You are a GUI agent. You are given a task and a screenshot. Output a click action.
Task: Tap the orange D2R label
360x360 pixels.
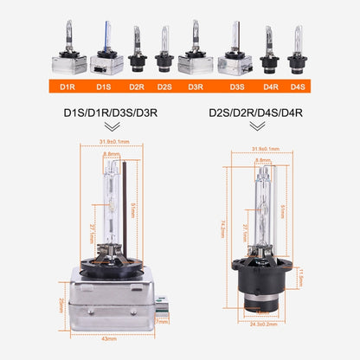coord(137,86)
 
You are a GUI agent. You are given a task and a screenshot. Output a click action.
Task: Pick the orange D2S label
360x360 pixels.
coord(164,86)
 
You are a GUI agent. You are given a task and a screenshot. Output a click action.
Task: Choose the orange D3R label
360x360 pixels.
coord(195,86)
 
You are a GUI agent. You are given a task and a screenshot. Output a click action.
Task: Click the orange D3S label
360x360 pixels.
coord(236,86)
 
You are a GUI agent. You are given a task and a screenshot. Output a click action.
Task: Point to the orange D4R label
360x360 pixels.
coord(271,86)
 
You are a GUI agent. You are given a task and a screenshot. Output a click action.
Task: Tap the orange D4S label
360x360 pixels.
coord(298,86)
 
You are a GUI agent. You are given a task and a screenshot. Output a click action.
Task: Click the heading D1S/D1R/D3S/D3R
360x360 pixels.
coord(112,112)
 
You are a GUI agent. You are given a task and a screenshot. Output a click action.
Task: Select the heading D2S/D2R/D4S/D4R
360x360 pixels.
coord(256,112)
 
